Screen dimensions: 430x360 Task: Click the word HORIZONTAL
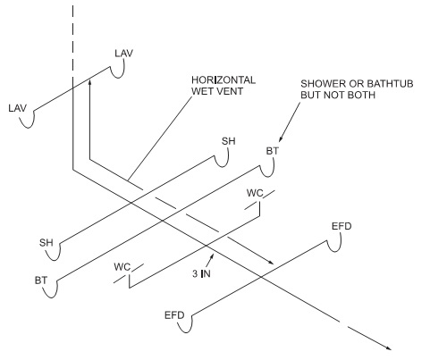[x=223, y=80]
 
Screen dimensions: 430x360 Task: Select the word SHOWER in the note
[x=323, y=83]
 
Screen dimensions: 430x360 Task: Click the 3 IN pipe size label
[x=201, y=273]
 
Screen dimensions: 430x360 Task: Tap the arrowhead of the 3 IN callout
[x=213, y=255]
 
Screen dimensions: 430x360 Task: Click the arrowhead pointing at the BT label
[x=281, y=139]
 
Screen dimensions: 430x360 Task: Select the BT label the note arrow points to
[x=272, y=151]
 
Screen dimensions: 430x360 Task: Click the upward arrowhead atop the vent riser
[x=89, y=82]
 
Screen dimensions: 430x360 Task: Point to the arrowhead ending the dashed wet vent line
[x=271, y=263]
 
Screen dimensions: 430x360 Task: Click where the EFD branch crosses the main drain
[x=261, y=277]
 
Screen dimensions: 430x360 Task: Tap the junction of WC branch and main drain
[x=206, y=246]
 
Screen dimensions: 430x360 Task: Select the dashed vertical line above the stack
[x=73, y=42]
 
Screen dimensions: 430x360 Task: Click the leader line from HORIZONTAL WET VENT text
[x=159, y=138]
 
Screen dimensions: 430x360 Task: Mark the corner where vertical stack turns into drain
[x=73, y=170]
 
